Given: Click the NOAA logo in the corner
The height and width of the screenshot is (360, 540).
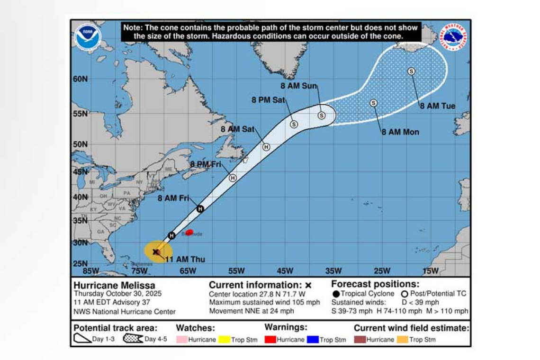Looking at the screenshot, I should pos(88,37).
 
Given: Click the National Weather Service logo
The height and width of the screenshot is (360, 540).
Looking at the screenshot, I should pos(453,37).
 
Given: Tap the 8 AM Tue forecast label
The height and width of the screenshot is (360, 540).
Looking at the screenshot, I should pos(438,106).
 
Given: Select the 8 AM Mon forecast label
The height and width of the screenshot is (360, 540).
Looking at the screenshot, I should pos(400,132).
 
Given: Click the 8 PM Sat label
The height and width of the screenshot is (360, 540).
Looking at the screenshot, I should pos(268,100).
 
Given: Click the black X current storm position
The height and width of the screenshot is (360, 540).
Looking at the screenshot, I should pos(156,252).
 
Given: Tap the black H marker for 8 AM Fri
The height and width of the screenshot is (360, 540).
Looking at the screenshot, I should pos(200,209).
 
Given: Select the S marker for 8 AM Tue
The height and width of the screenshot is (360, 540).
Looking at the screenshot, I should pos(411,71).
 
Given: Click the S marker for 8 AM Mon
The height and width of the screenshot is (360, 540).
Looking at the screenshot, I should pos(373,103).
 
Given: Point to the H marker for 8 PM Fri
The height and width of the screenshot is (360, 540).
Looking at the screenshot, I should pos(233,178).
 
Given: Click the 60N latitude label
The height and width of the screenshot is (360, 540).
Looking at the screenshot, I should pos(80,79).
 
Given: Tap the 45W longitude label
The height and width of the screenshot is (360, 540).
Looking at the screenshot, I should pos(285,271).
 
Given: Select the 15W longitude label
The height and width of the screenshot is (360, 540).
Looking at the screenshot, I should pos(430,271).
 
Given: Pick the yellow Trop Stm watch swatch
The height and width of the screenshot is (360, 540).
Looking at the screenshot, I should pos(225,340).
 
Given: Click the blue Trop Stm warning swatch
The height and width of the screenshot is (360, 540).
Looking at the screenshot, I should pos(313,340).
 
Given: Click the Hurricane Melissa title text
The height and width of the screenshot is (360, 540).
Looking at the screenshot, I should pos(114,285).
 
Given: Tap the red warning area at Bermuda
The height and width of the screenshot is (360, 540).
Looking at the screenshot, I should pos(189,233).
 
